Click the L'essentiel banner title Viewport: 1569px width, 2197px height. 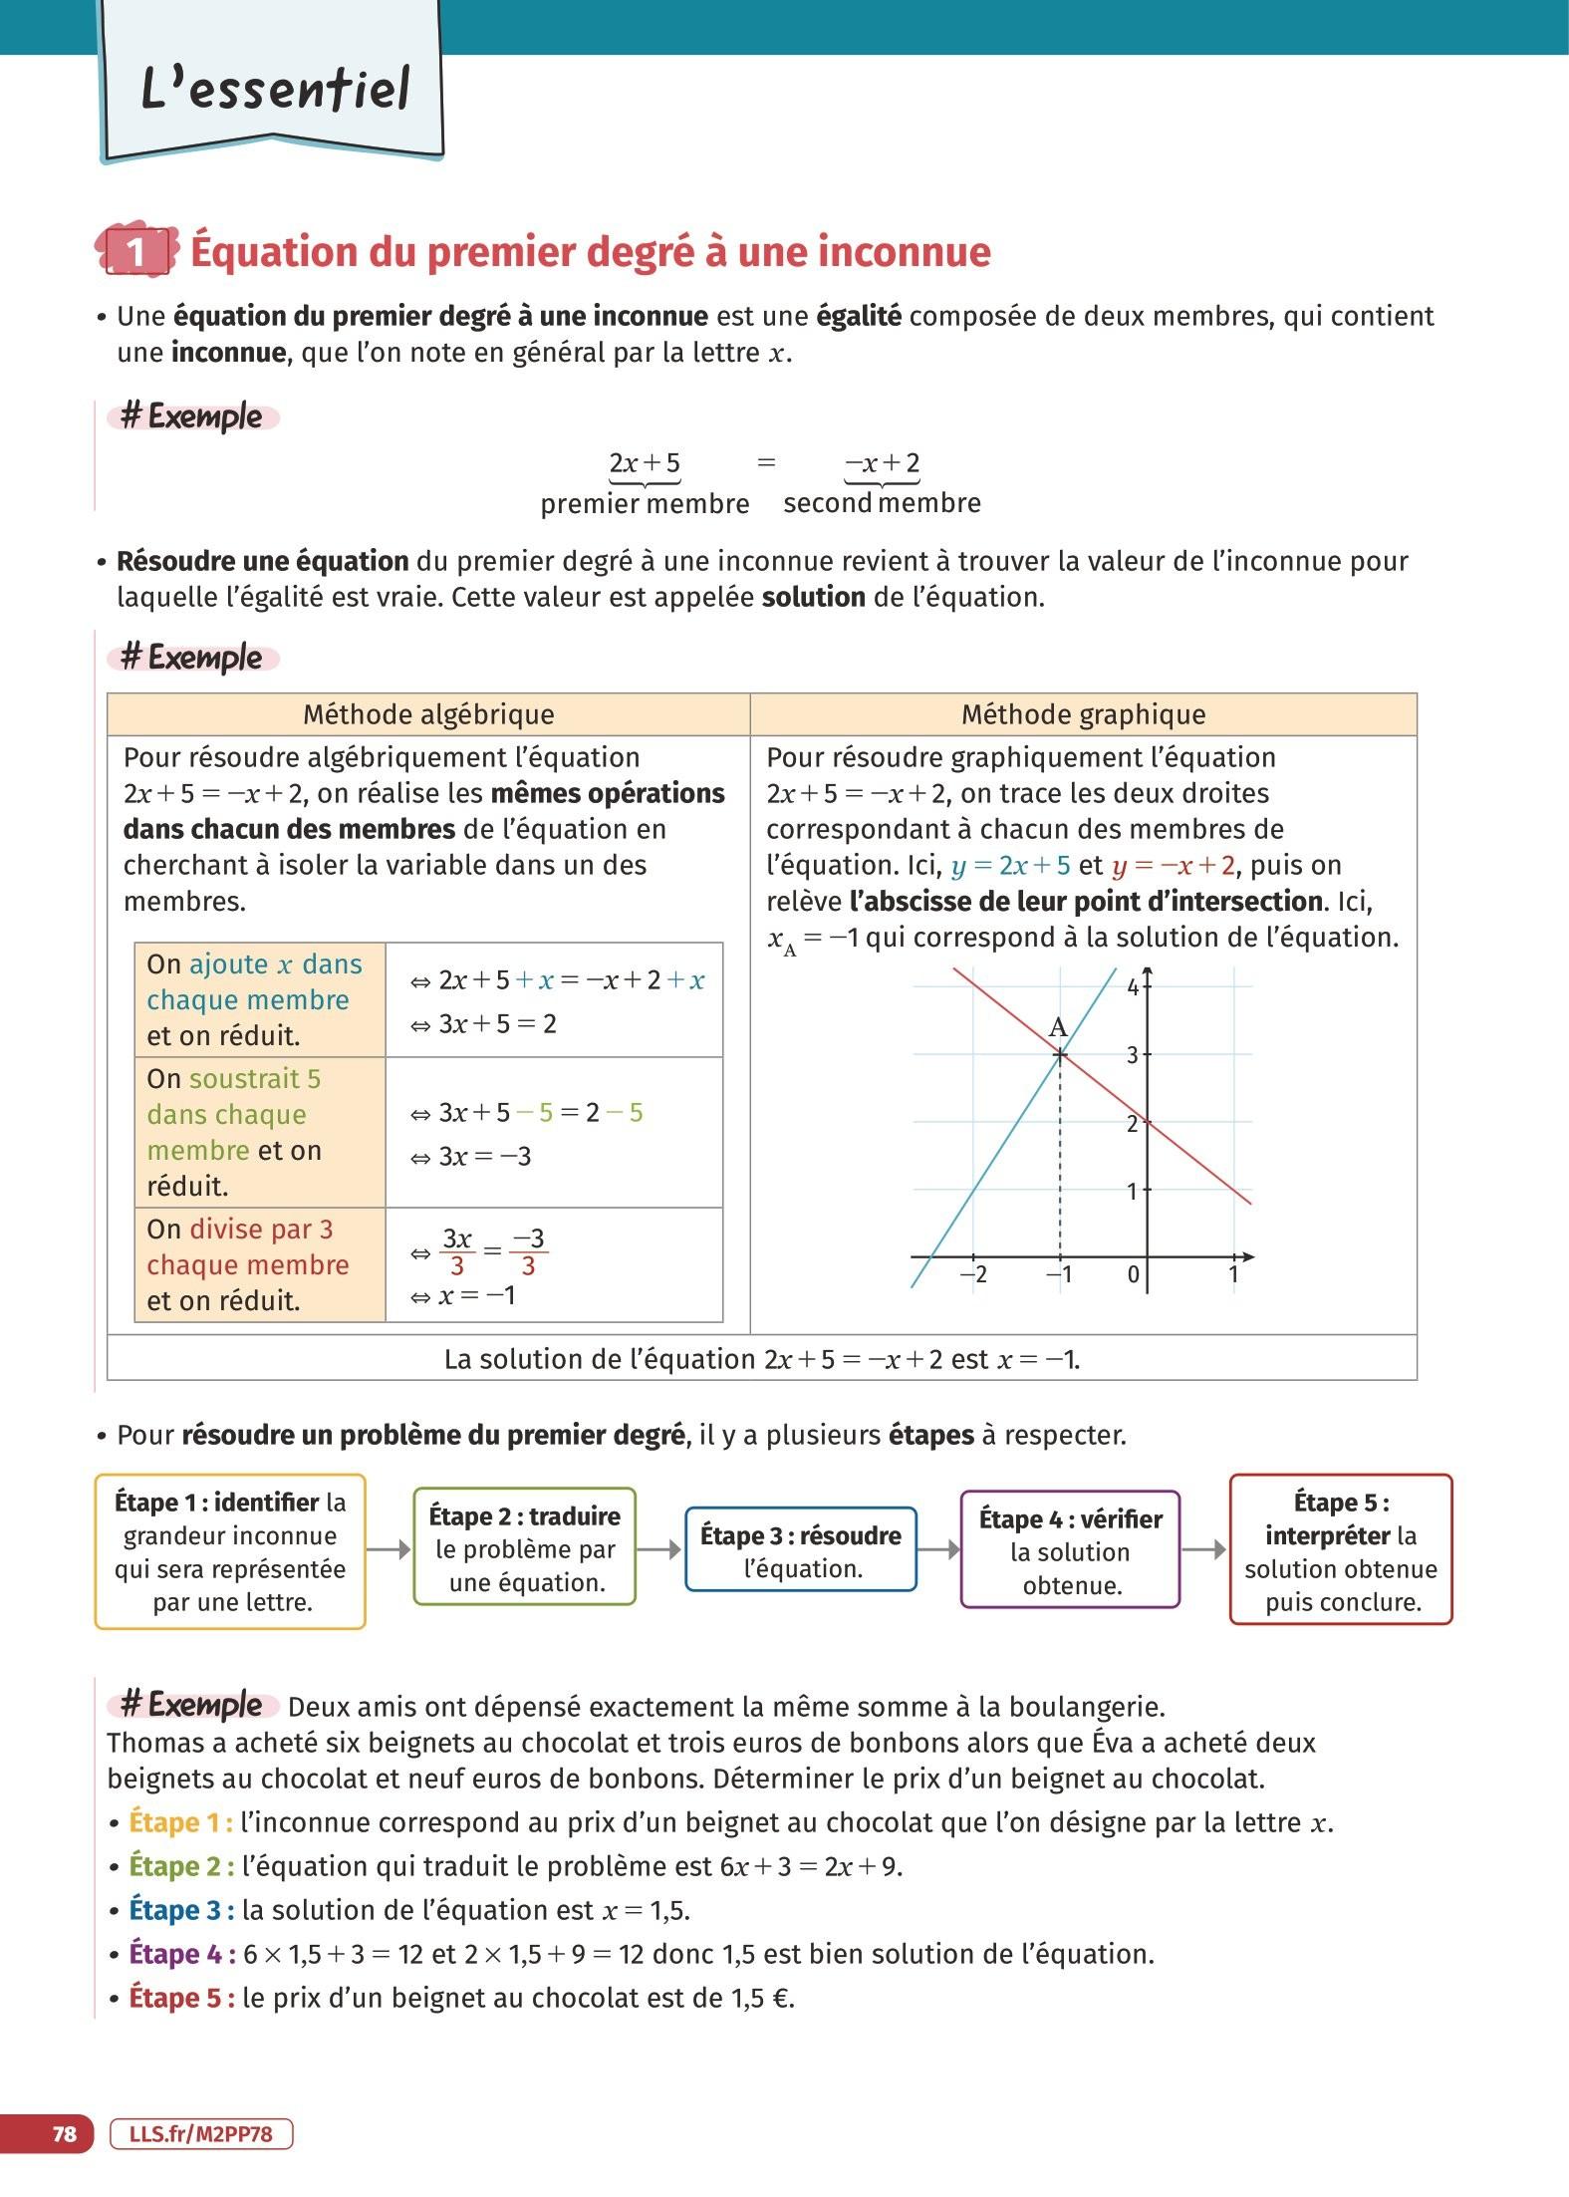[275, 88]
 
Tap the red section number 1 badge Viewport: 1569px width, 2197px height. [136, 251]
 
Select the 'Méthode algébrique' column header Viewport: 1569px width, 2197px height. [428, 714]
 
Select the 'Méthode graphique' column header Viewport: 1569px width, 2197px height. [1083, 714]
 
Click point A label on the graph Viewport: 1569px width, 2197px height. [1058, 1027]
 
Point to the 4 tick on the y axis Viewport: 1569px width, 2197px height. [1133, 987]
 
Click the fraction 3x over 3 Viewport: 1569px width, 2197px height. [457, 1251]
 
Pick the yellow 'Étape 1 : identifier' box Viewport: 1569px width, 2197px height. [230, 1551]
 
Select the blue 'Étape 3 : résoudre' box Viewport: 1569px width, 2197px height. [800, 1551]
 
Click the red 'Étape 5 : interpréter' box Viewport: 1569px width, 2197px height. [1341, 1551]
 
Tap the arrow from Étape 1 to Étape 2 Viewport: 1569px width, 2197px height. [390, 1549]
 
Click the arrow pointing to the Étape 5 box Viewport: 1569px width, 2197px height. [1204, 1549]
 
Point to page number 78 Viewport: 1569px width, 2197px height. [64, 2133]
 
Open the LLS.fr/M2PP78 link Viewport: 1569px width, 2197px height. [201, 2133]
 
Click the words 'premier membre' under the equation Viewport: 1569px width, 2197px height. [645, 504]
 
